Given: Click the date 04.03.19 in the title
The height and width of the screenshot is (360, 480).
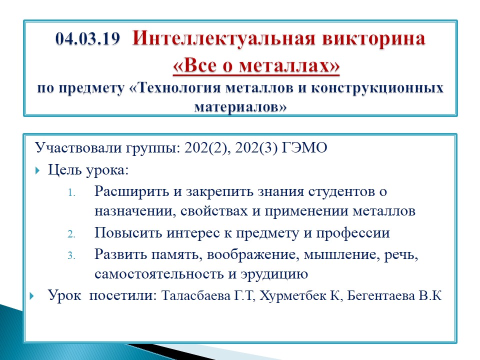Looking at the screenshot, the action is click(87, 39).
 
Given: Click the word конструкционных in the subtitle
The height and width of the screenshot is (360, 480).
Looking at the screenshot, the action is click(377, 88).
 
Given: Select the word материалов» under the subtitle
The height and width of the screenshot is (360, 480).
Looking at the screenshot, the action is click(240, 107).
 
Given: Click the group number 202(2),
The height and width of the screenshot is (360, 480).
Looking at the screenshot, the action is click(207, 148).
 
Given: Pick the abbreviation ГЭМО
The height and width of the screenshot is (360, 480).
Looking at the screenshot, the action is click(304, 147).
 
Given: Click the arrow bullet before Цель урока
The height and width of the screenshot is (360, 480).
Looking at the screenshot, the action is click(37, 170).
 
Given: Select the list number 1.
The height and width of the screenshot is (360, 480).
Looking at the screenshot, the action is click(71, 193).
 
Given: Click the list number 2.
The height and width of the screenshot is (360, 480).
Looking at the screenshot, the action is click(71, 234).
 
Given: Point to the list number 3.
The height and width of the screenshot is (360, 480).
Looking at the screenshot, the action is click(71, 255).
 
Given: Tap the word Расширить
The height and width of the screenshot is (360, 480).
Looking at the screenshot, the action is click(131, 192).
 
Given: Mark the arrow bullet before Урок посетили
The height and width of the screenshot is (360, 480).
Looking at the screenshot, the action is click(32, 296).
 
